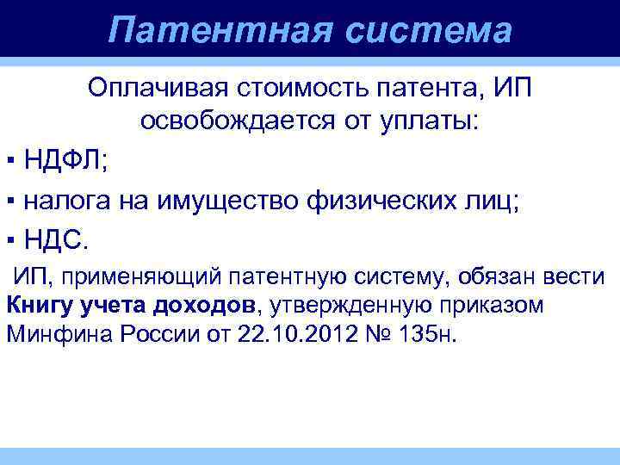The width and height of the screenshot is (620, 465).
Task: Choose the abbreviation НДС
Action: pos(53,239)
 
